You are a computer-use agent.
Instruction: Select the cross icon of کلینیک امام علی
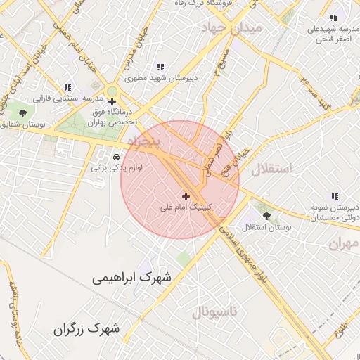click(x=186, y=195)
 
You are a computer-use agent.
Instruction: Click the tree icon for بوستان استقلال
click(x=266, y=215)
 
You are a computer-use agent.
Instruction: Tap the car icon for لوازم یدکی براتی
click(x=116, y=156)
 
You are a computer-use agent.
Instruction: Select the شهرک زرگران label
click(x=86, y=328)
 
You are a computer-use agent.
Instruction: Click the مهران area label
click(x=342, y=243)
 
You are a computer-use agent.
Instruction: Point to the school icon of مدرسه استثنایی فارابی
click(x=67, y=87)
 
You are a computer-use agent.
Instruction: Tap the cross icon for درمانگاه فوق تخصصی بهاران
click(x=112, y=102)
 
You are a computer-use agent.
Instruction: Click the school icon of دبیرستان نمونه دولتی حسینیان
click(x=335, y=197)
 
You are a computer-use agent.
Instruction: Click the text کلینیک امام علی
click(x=186, y=207)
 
